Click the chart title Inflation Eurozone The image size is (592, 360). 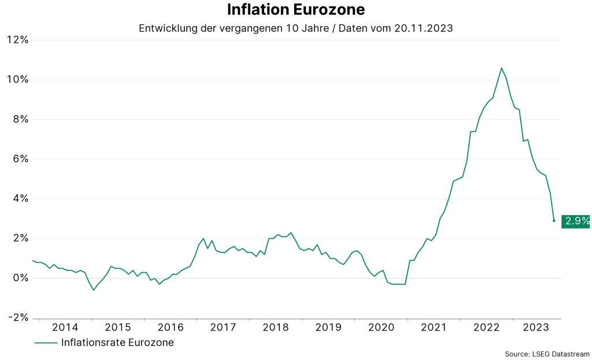[x=295, y=10]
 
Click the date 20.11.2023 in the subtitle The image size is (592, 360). [x=424, y=28]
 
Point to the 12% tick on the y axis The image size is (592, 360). [x=17, y=40]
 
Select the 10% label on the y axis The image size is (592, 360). [x=17, y=80]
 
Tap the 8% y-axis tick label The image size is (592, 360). [x=20, y=120]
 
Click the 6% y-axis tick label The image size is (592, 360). [x=20, y=159]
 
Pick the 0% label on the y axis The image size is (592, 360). [x=20, y=278]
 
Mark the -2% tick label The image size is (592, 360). [x=17, y=318]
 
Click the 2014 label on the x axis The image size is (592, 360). [x=65, y=328]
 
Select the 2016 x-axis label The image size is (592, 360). [x=170, y=328]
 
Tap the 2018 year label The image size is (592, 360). [x=276, y=328]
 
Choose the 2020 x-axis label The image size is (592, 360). [x=381, y=328]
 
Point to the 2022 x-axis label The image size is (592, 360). [x=486, y=328]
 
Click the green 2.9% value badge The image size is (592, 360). [x=576, y=221]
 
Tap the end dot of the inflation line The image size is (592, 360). [x=554, y=221]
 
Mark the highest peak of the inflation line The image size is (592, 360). [x=501, y=68]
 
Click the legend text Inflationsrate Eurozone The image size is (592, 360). [x=117, y=343]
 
